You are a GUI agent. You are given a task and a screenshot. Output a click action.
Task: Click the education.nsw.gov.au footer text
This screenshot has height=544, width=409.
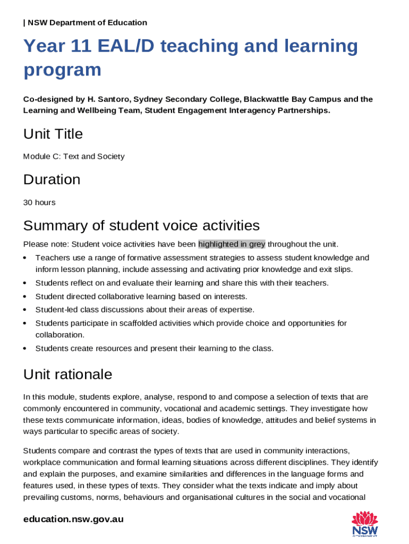pos(73,519)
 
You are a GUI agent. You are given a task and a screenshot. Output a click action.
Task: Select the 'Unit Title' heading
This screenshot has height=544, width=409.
pos(53,134)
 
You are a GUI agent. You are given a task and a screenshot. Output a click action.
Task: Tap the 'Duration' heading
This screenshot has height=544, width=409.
pos(52,180)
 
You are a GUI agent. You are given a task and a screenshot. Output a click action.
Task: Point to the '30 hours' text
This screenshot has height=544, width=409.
pos(39,202)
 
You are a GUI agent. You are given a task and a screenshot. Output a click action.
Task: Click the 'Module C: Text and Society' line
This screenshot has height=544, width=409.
pos(74,156)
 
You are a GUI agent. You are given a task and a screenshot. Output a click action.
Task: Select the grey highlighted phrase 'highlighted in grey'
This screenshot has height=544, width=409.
pos(232,244)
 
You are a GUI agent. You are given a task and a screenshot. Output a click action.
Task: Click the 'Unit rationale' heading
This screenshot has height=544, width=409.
pos(67,375)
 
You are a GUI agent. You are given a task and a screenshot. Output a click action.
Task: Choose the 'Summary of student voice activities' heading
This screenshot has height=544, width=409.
pos(141,226)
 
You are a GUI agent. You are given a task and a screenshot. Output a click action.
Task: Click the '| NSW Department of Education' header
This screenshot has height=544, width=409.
pos(85,22)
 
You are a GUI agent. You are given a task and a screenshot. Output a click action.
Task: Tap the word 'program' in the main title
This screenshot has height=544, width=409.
pos(62,70)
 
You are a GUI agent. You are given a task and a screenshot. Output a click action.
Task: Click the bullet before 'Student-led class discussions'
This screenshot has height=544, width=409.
pos(25,310)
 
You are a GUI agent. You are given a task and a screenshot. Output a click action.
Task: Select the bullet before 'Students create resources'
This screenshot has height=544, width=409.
pos(25,349)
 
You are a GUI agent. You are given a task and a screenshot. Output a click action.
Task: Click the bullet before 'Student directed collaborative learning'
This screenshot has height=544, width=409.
pos(25,296)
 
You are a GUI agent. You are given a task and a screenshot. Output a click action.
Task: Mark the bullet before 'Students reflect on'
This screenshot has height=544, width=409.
pos(25,283)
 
